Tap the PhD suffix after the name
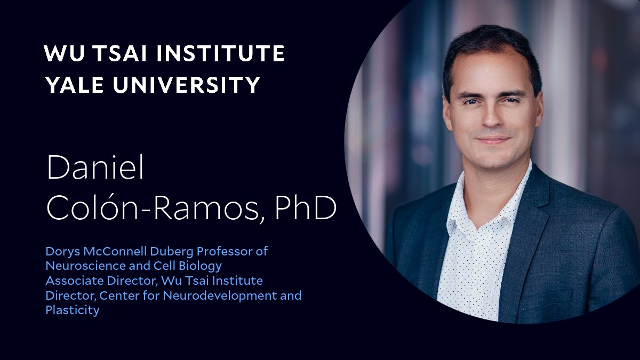click(305, 210)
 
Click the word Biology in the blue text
click(203, 266)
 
